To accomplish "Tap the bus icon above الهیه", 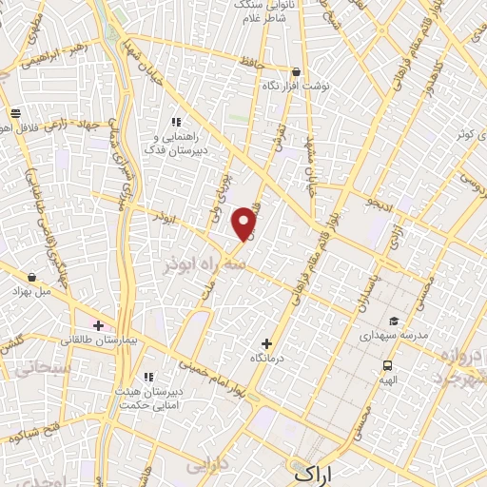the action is (387, 366).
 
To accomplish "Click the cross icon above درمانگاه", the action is (266, 343).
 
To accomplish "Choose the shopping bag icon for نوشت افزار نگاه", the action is (296, 71).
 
